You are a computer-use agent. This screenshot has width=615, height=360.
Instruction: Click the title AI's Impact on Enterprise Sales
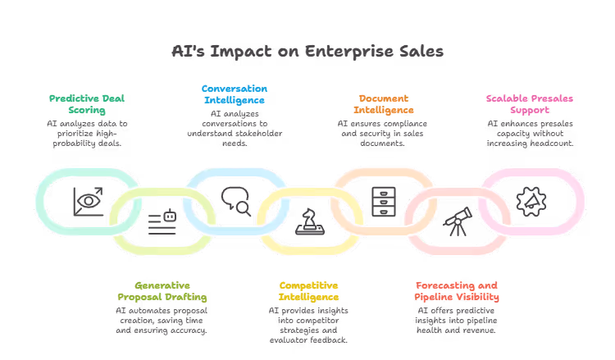307,52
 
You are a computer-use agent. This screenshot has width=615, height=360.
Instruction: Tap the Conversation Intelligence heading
235,93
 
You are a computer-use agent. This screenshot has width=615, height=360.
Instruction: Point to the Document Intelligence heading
383,104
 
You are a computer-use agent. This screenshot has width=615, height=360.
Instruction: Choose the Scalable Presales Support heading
529,104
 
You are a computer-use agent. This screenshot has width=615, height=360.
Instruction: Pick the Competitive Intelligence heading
308,291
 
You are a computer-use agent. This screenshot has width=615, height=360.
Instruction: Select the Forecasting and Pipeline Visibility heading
457,291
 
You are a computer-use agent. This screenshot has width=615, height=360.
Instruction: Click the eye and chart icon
87,199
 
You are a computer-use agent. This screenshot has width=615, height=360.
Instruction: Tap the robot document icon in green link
162,222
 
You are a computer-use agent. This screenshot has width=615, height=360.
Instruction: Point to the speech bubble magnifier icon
235,200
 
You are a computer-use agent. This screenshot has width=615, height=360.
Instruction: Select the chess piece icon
309,222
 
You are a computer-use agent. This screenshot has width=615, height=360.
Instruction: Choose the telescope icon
457,221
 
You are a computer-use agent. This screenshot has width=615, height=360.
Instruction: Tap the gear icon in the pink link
530,201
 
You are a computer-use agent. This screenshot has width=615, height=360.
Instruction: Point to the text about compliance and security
383,133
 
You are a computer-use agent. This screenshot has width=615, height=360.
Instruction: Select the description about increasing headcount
529,133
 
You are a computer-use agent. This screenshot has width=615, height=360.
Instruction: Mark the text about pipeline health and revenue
457,321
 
